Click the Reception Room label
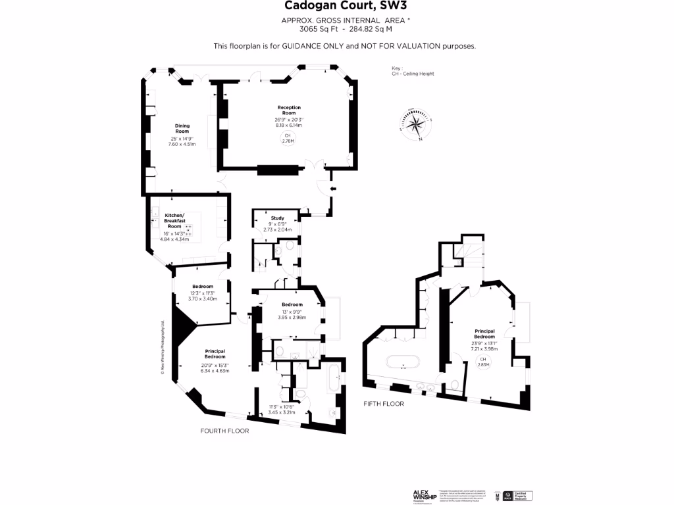(x=288, y=110)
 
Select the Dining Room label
(x=182, y=128)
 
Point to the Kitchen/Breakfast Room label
(x=174, y=221)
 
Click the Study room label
(x=277, y=218)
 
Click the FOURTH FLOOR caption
(x=224, y=431)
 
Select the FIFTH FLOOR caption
(x=384, y=404)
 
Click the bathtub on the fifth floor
(x=401, y=362)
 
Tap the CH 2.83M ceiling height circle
(x=484, y=362)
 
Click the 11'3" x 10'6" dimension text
(x=282, y=410)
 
